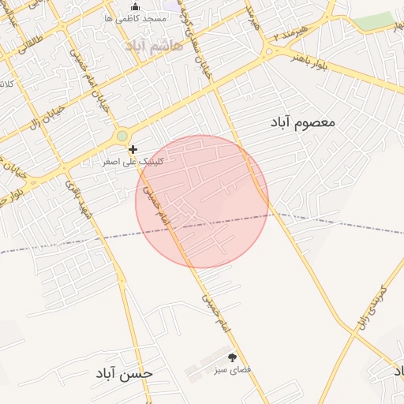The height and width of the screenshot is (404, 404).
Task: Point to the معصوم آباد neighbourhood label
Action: (303, 122)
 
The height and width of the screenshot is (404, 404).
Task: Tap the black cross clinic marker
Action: (133, 149)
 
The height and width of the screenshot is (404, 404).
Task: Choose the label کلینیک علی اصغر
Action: (134, 161)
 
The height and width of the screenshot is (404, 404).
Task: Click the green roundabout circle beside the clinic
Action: (122, 137)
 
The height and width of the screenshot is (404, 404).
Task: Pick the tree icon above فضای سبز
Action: (232, 357)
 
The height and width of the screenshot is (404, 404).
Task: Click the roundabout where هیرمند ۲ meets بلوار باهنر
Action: (269, 53)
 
